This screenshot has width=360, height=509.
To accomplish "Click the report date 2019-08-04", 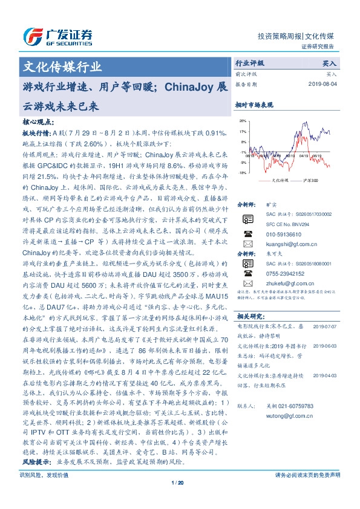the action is coord(326,84).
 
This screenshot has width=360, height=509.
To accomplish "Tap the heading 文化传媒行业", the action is coord(62,67).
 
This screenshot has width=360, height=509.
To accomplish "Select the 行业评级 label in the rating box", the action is coord(250,63).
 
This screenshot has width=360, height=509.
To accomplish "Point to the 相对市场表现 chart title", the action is coord(254,105).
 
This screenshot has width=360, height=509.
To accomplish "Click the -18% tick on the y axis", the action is coord(241,173).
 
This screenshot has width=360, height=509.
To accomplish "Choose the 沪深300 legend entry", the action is coord(304,180).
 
